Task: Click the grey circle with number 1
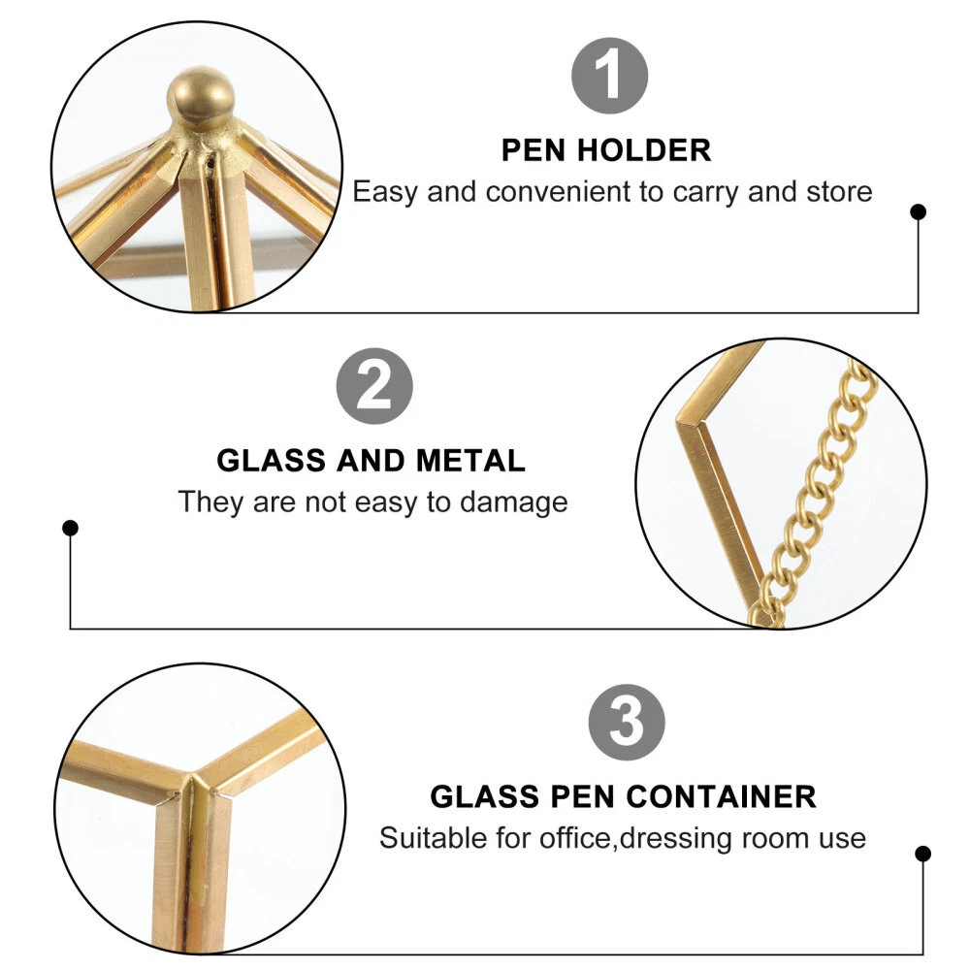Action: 609,76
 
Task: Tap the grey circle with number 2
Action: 374,386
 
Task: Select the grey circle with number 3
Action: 627,723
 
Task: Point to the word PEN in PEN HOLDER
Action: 533,150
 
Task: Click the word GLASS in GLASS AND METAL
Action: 271,461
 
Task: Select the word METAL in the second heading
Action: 470,461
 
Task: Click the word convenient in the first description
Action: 558,192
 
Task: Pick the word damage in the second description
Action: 513,502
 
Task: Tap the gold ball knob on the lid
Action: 201,99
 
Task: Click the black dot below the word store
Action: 918,212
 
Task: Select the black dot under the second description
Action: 71,529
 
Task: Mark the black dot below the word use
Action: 923,854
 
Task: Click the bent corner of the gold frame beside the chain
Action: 688,423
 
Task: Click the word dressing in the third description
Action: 675,839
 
